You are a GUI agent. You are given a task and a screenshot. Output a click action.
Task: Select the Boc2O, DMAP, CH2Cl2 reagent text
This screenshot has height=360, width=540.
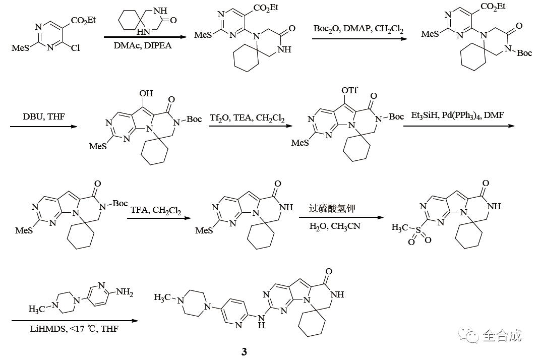click(x=358, y=29)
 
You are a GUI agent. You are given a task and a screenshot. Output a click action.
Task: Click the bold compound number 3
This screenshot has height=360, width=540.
click(x=244, y=352)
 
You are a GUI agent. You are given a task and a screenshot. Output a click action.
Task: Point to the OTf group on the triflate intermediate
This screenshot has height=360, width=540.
click(x=349, y=90)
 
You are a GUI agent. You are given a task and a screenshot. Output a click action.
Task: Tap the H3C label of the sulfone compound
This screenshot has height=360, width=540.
click(x=401, y=228)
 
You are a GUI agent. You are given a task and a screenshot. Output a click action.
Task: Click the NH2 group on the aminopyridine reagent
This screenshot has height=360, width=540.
click(x=125, y=292)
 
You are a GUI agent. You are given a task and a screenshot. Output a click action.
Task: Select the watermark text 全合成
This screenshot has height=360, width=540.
click(x=502, y=335)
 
